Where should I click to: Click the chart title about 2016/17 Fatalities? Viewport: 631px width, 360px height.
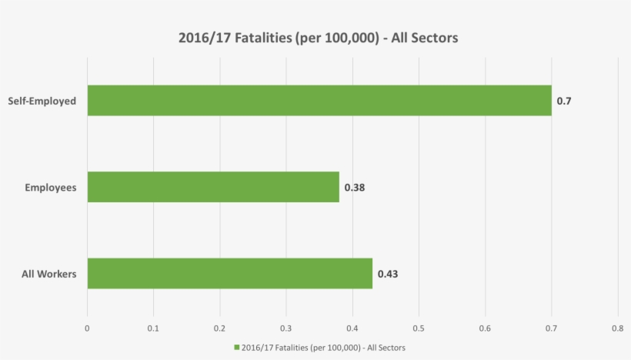point(318,38)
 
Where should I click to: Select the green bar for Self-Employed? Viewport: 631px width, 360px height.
point(319,100)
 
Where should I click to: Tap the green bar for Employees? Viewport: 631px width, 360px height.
point(213,187)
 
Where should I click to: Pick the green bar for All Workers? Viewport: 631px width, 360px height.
point(229,273)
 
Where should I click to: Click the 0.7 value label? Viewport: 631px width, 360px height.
point(563,101)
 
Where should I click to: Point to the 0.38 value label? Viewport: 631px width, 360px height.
point(354,187)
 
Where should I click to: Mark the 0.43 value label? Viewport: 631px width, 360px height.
point(387,274)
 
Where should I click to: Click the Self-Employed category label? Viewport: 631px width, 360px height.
point(42,101)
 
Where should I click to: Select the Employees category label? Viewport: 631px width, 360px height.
point(51,187)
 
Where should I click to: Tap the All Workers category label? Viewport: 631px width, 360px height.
point(48,274)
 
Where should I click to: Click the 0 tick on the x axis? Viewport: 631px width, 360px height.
point(87,328)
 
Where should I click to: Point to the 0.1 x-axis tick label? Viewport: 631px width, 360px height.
point(153,328)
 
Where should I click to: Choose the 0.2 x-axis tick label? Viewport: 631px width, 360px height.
point(219,328)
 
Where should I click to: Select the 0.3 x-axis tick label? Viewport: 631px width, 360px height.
point(286,328)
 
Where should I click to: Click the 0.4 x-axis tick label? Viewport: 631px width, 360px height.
point(352,328)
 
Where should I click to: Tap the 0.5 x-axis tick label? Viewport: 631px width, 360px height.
point(419,328)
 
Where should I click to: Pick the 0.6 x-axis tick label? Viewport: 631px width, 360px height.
point(485,328)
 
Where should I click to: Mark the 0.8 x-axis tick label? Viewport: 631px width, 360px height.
point(617,328)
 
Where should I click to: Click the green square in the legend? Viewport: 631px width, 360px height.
point(236,348)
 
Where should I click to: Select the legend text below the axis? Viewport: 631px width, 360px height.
point(324,348)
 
